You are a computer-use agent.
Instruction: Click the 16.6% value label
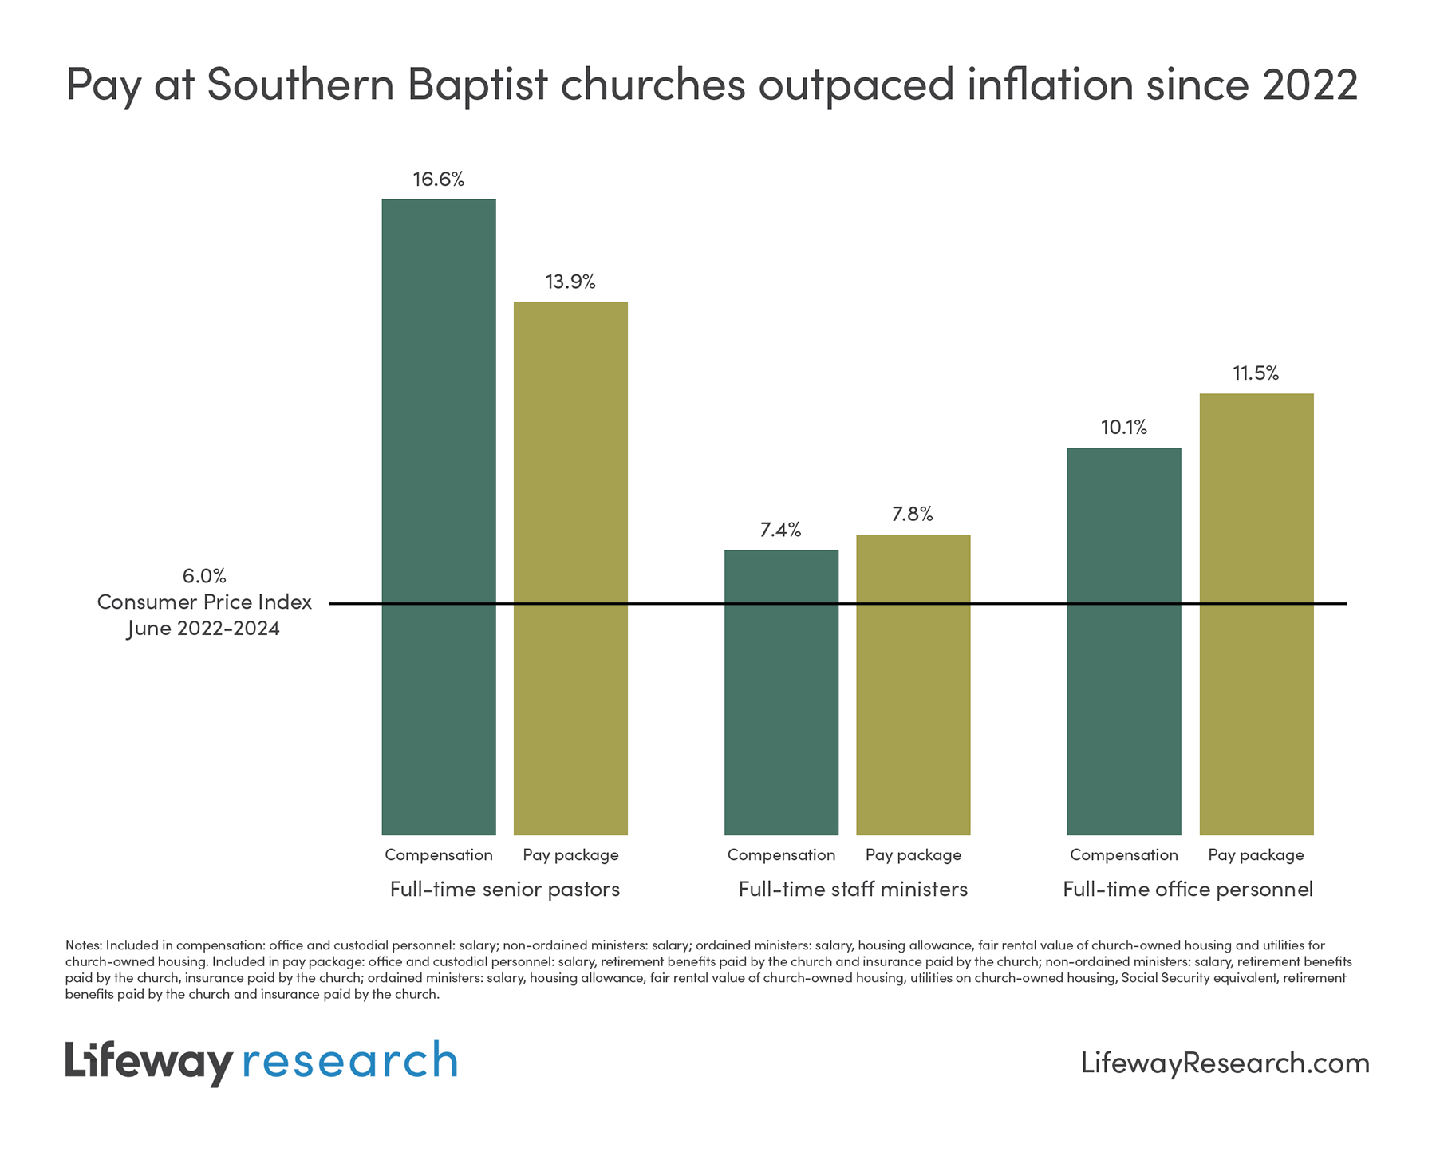pyautogui.click(x=438, y=180)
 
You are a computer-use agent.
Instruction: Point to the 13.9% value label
pyautogui.click(x=570, y=282)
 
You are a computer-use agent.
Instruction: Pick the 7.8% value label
pyautogui.click(x=913, y=515)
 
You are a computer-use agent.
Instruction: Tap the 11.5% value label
pyautogui.click(x=1256, y=373)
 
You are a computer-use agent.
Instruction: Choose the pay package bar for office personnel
pyautogui.click(x=1256, y=614)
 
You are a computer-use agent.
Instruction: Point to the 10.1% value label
pyautogui.click(x=1123, y=428)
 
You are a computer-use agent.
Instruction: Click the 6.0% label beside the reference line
pyautogui.click(x=204, y=575)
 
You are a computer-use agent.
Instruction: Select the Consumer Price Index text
pyautogui.click(x=204, y=602)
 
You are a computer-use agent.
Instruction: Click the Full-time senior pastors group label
pyautogui.click(x=504, y=889)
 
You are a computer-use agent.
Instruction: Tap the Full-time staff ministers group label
pyautogui.click(x=853, y=889)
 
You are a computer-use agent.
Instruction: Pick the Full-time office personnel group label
pyautogui.click(x=1187, y=889)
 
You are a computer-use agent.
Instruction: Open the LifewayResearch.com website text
pyautogui.click(x=1225, y=1063)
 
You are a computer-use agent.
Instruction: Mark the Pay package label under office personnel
pyautogui.click(x=1256, y=855)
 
